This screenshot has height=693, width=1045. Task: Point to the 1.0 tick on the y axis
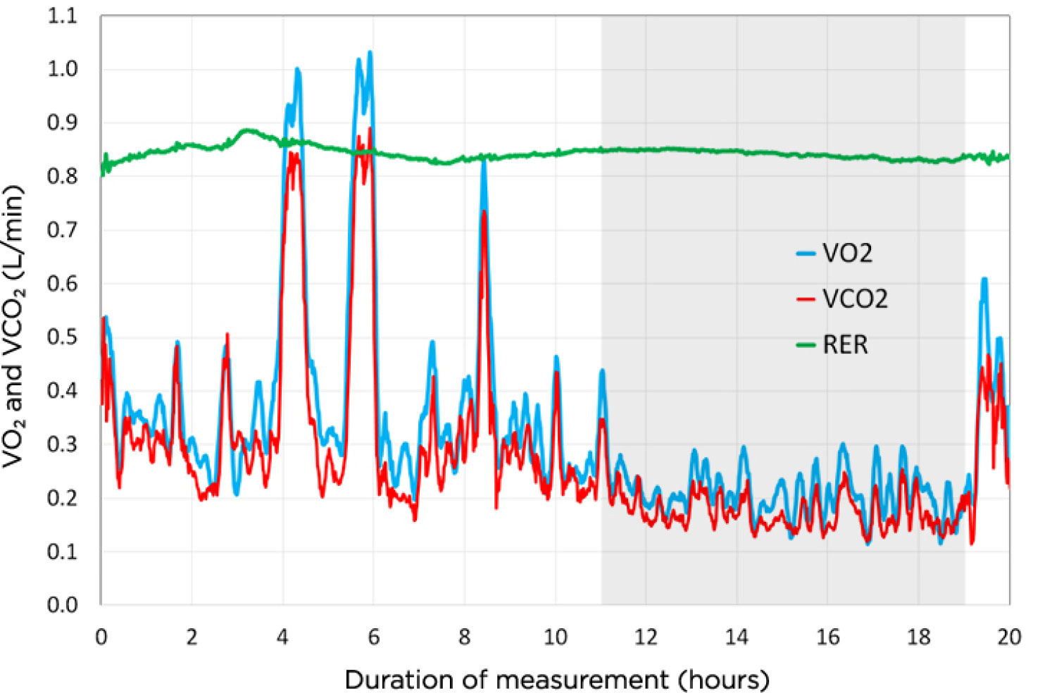(62, 69)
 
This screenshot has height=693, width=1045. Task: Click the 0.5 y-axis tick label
(62, 337)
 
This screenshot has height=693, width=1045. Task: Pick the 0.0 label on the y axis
(62, 604)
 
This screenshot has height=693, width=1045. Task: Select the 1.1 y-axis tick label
(62, 15)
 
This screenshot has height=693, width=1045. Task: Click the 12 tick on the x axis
(646, 637)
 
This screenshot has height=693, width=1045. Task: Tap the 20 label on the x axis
(1008, 637)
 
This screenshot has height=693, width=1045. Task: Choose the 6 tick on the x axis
(373, 637)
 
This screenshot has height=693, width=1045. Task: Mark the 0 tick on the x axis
(101, 637)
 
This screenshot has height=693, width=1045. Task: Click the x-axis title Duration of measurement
(556, 680)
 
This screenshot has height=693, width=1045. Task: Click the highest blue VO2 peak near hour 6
(370, 52)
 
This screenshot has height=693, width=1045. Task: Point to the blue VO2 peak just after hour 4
(297, 69)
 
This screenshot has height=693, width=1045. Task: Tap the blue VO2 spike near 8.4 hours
(483, 161)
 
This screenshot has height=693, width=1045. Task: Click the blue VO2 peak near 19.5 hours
(984, 279)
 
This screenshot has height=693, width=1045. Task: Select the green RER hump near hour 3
(246, 130)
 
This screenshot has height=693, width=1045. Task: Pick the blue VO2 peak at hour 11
(602, 370)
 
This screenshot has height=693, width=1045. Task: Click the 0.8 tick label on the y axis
(62, 176)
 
